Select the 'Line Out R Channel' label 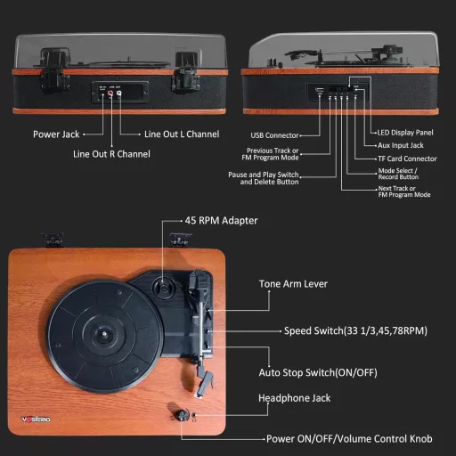click(111, 154)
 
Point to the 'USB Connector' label click(273, 135)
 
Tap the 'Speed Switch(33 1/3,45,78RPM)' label click(355, 330)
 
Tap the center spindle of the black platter click(99, 337)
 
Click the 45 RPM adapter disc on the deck click(165, 289)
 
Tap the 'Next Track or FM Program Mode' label click(404, 191)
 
